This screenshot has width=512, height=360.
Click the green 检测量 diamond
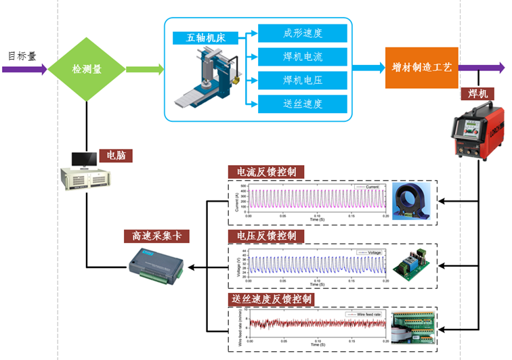click(x=87, y=68)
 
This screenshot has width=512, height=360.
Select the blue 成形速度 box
click(x=303, y=32)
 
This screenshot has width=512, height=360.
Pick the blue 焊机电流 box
click(x=303, y=56)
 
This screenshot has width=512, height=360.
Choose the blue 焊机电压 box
click(x=303, y=80)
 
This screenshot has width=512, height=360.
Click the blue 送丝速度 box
click(x=303, y=104)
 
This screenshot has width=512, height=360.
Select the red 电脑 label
click(x=114, y=155)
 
